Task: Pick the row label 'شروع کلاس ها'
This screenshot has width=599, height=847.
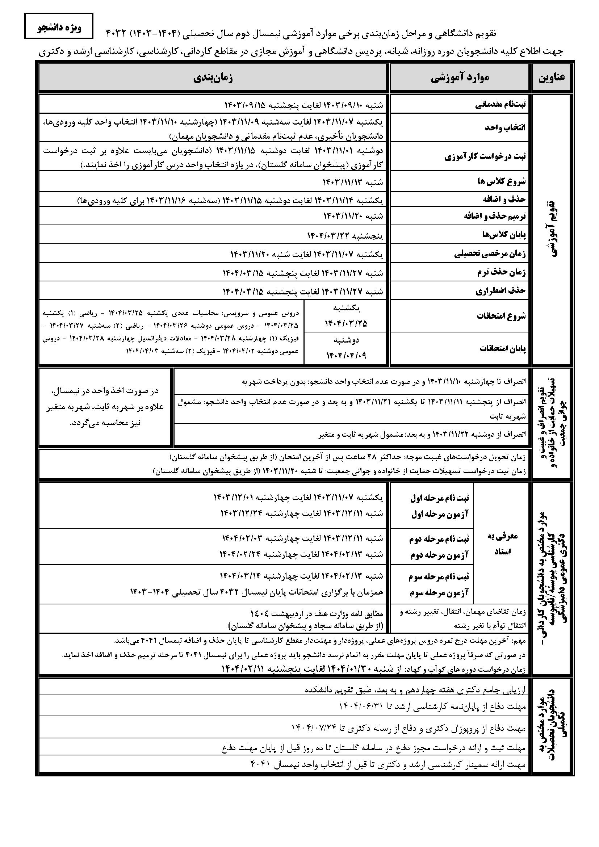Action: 504,181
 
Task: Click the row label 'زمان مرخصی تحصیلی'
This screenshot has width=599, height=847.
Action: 490,254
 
